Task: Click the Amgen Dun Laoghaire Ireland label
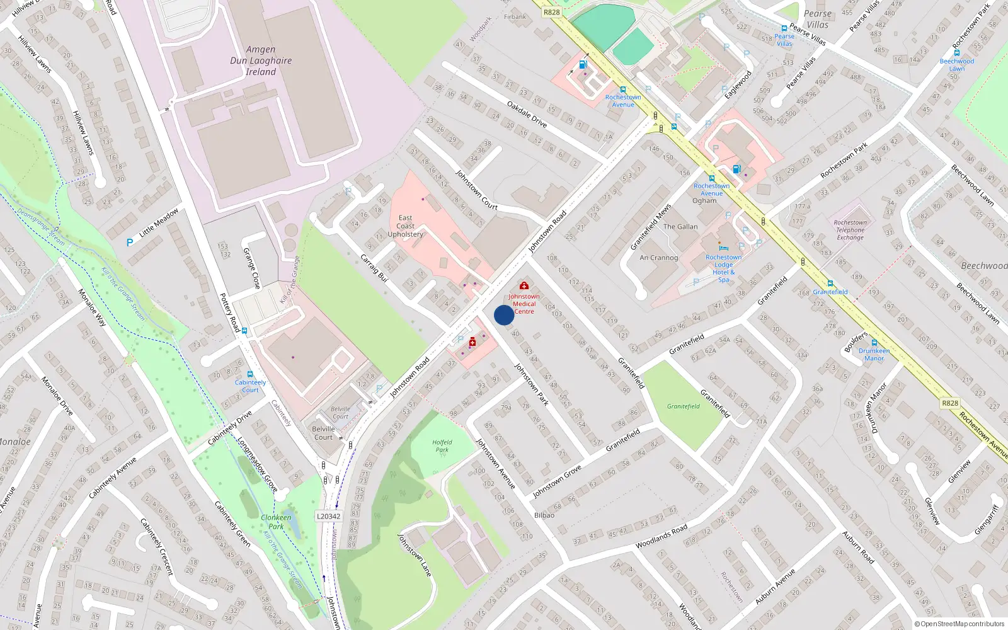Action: coord(261,60)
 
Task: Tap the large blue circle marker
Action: coord(504,315)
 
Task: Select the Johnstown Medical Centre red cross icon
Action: coord(524,286)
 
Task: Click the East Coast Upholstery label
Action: coord(405,226)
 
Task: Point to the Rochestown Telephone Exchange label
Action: coord(850,230)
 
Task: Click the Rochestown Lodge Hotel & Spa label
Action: coord(723,268)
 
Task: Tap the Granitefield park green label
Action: coord(683,406)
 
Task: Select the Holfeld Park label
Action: coord(442,446)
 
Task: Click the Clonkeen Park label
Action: coord(276,522)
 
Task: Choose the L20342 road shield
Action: coord(328,517)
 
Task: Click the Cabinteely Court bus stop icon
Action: coord(250,374)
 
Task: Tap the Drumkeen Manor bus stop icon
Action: coord(874,343)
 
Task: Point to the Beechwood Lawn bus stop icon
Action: coord(956,54)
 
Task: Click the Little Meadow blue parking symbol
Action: coord(130,242)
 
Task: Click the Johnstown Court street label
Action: coord(477,190)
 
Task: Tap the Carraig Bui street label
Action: coord(374,268)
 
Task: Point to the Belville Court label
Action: coord(323,433)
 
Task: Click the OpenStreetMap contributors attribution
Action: coord(959,624)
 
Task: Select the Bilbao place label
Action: coord(544,515)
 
